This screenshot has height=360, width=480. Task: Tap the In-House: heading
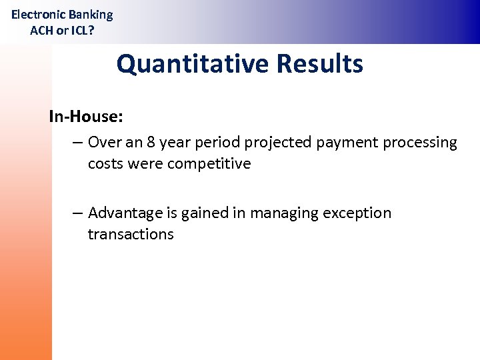(86, 117)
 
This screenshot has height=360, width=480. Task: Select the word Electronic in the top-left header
(38, 15)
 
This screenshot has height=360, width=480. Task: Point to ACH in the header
(42, 30)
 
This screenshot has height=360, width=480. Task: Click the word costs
(104, 164)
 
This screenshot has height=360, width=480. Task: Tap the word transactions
(131, 235)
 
